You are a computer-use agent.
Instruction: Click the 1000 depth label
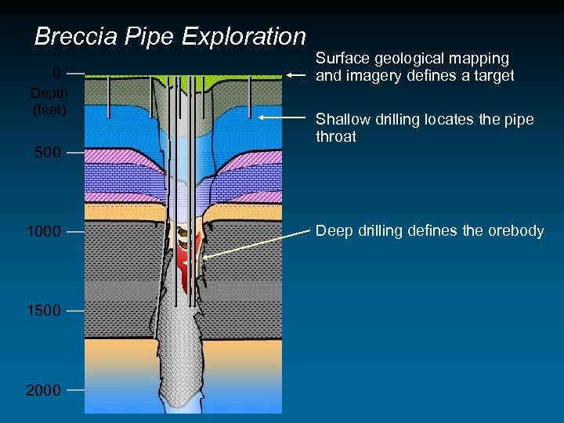pos(44,233)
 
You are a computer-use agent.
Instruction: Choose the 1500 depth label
pos(44,311)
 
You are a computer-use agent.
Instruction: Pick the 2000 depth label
pos(44,390)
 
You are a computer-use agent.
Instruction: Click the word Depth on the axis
pos(49,93)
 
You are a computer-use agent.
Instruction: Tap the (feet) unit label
pos(49,110)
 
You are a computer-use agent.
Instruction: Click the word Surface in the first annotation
pos(342,59)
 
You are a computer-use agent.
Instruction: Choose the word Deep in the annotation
pos(332,231)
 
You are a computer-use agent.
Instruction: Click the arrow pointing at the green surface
pos(298,75)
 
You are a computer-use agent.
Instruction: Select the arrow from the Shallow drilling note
pos(282,117)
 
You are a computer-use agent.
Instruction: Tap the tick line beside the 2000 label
pos(75,390)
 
